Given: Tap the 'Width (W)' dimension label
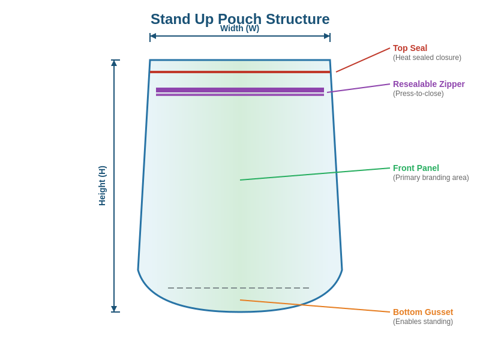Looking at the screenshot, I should pyautogui.click(x=239, y=28).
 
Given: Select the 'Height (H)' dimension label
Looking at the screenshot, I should pyautogui.click(x=102, y=186).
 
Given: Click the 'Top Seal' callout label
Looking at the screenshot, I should pyautogui.click(x=410, y=48).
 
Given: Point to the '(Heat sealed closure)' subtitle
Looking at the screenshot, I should pyautogui.click(x=427, y=58).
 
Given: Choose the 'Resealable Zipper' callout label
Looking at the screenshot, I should pyautogui.click(x=428, y=84).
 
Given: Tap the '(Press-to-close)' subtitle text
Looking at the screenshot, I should pyautogui.click(x=418, y=94).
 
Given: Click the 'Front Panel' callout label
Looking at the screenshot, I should pyautogui.click(x=416, y=168).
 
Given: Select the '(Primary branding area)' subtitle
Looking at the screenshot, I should pyautogui.click(x=431, y=178).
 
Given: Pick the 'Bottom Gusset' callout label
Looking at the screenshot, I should pyautogui.click(x=422, y=312).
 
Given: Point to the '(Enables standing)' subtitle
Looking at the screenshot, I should pyautogui.click(x=422, y=322).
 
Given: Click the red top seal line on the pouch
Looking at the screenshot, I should pyautogui.click(x=240, y=72).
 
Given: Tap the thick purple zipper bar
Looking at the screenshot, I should pyautogui.click(x=240, y=90).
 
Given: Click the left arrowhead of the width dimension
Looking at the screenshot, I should pyautogui.click(x=153, y=36).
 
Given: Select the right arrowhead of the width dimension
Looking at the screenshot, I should pyautogui.click(x=327, y=36).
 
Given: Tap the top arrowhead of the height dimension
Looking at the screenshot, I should pyautogui.click(x=114, y=63).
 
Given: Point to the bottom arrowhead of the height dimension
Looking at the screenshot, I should pyautogui.click(x=114, y=309).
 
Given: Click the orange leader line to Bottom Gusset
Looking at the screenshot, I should pyautogui.click(x=315, y=306).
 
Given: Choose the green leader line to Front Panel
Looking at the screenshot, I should pyautogui.click(x=315, y=174).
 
